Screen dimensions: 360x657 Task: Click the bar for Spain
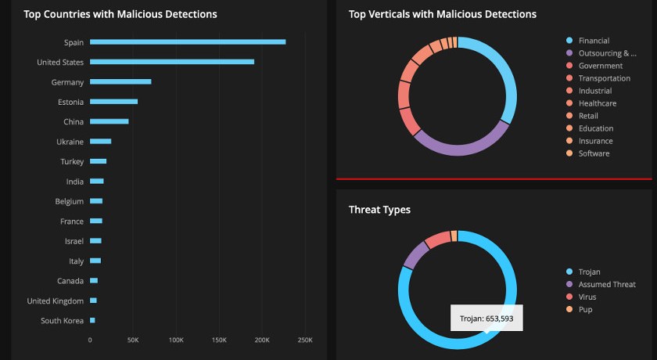(188, 42)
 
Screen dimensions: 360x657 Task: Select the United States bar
(172, 62)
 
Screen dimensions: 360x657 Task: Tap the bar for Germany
(120, 81)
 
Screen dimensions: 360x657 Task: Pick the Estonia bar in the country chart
(113, 102)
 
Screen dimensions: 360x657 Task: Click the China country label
(74, 121)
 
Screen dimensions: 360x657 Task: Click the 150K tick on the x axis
(219, 340)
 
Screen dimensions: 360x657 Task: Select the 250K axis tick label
(305, 340)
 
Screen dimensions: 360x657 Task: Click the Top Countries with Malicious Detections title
(120, 14)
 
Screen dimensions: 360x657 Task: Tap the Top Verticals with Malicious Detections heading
(442, 14)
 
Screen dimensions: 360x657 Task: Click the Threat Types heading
(379, 210)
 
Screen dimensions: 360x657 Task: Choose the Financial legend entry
(594, 41)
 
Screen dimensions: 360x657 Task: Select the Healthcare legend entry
(597, 103)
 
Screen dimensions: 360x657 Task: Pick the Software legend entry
(594, 153)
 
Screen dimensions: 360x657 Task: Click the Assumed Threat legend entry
(606, 284)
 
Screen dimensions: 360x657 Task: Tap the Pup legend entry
(586, 309)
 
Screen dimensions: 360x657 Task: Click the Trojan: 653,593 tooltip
(486, 319)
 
